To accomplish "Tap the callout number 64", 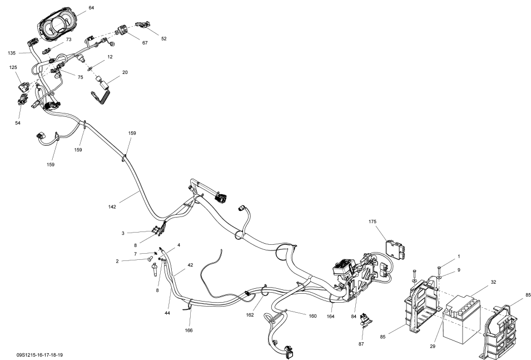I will click(91, 7).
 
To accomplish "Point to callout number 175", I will click(373, 222).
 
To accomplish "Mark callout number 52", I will click(163, 38).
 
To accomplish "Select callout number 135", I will click(12, 53).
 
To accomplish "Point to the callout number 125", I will click(13, 67).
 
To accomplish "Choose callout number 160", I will click(312, 316).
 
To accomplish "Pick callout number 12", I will click(110, 57).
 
